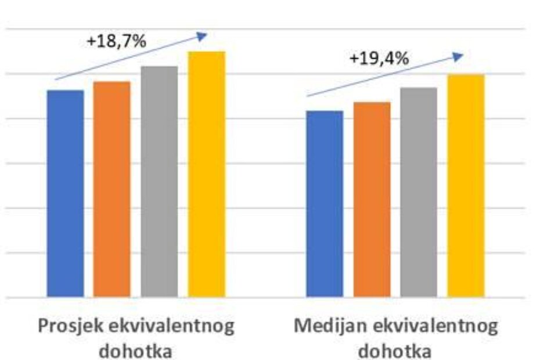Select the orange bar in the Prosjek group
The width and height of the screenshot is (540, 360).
112,189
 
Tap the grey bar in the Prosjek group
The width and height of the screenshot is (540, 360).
159,181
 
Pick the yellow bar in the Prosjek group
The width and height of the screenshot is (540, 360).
206,174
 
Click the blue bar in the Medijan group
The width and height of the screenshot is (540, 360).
325,204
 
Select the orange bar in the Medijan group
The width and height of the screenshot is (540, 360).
372,199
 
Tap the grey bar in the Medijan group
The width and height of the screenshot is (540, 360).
419,192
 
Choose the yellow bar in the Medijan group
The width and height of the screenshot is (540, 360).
466,186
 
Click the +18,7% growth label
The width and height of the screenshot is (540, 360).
116,42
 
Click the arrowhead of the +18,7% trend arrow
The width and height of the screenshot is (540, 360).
203,35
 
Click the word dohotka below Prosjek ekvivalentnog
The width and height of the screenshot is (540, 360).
136,350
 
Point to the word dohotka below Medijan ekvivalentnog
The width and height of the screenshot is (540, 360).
395,350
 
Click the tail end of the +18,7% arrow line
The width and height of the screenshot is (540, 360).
55,79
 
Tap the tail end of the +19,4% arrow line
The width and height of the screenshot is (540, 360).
307,96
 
